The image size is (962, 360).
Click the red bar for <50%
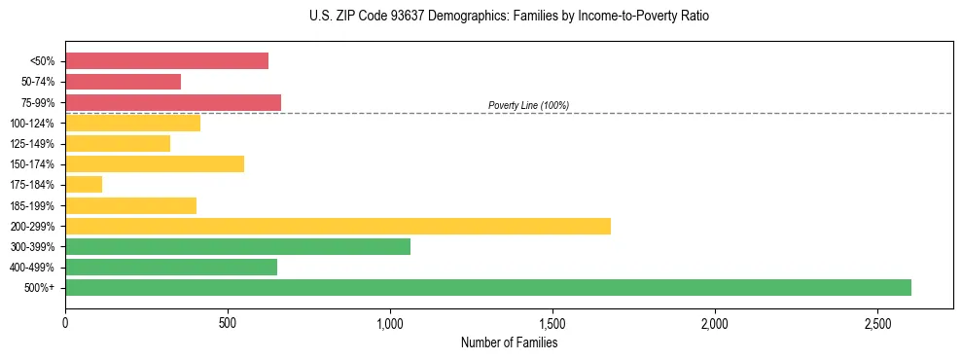pos(166,61)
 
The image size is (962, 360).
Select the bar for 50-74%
pos(123,82)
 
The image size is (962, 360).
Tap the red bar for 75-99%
pos(173,102)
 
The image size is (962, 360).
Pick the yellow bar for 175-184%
pos(84,185)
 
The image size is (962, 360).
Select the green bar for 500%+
pos(488,287)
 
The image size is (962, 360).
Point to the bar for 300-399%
pos(237,246)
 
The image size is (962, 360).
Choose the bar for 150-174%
pos(155,164)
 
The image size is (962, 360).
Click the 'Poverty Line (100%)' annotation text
pos(528,105)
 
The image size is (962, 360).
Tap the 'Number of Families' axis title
pos(509,342)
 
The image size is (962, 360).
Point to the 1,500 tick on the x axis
pos(552,322)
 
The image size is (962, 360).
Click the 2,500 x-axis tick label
pos(877,322)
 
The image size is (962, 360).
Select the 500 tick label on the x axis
pos(228,322)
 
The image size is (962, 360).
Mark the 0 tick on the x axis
pos(65,322)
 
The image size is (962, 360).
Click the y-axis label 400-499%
pos(36,268)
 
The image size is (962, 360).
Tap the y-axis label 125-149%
pos(36,144)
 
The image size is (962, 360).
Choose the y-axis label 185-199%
pos(36,205)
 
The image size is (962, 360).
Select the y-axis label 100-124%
pos(36,124)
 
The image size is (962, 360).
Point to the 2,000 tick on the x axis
pos(715,322)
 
